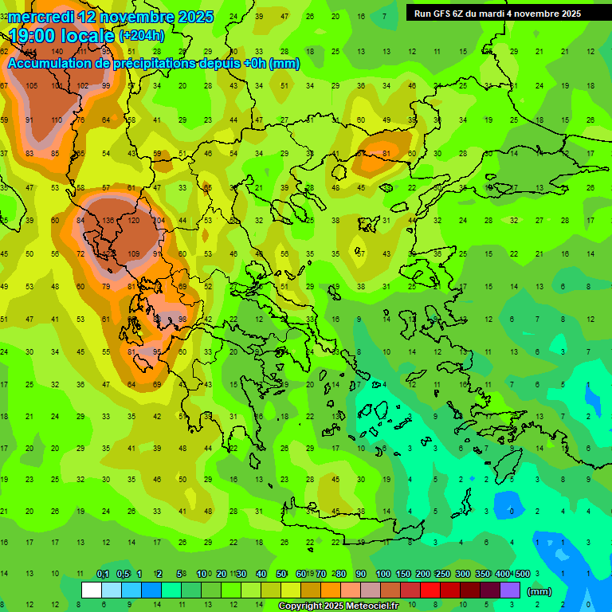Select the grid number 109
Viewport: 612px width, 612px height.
tap(133, 254)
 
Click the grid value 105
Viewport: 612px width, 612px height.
tap(31, 86)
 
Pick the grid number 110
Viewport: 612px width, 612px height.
tap(57, 120)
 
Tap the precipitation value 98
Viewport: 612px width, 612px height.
tap(182, 319)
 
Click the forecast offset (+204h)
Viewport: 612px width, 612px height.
tap(141, 36)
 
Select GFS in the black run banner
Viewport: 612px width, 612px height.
tap(443, 14)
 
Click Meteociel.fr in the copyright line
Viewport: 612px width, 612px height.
tap(375, 606)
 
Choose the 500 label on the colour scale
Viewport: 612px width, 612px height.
tap(521, 574)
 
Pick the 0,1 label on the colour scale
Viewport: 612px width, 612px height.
tap(103, 574)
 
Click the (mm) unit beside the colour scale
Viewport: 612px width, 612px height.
tap(539, 591)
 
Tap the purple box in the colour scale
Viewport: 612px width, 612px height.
tap(510, 590)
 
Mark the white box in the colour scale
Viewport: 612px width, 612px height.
tap(92, 590)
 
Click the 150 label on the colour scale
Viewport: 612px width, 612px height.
tap(403, 574)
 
